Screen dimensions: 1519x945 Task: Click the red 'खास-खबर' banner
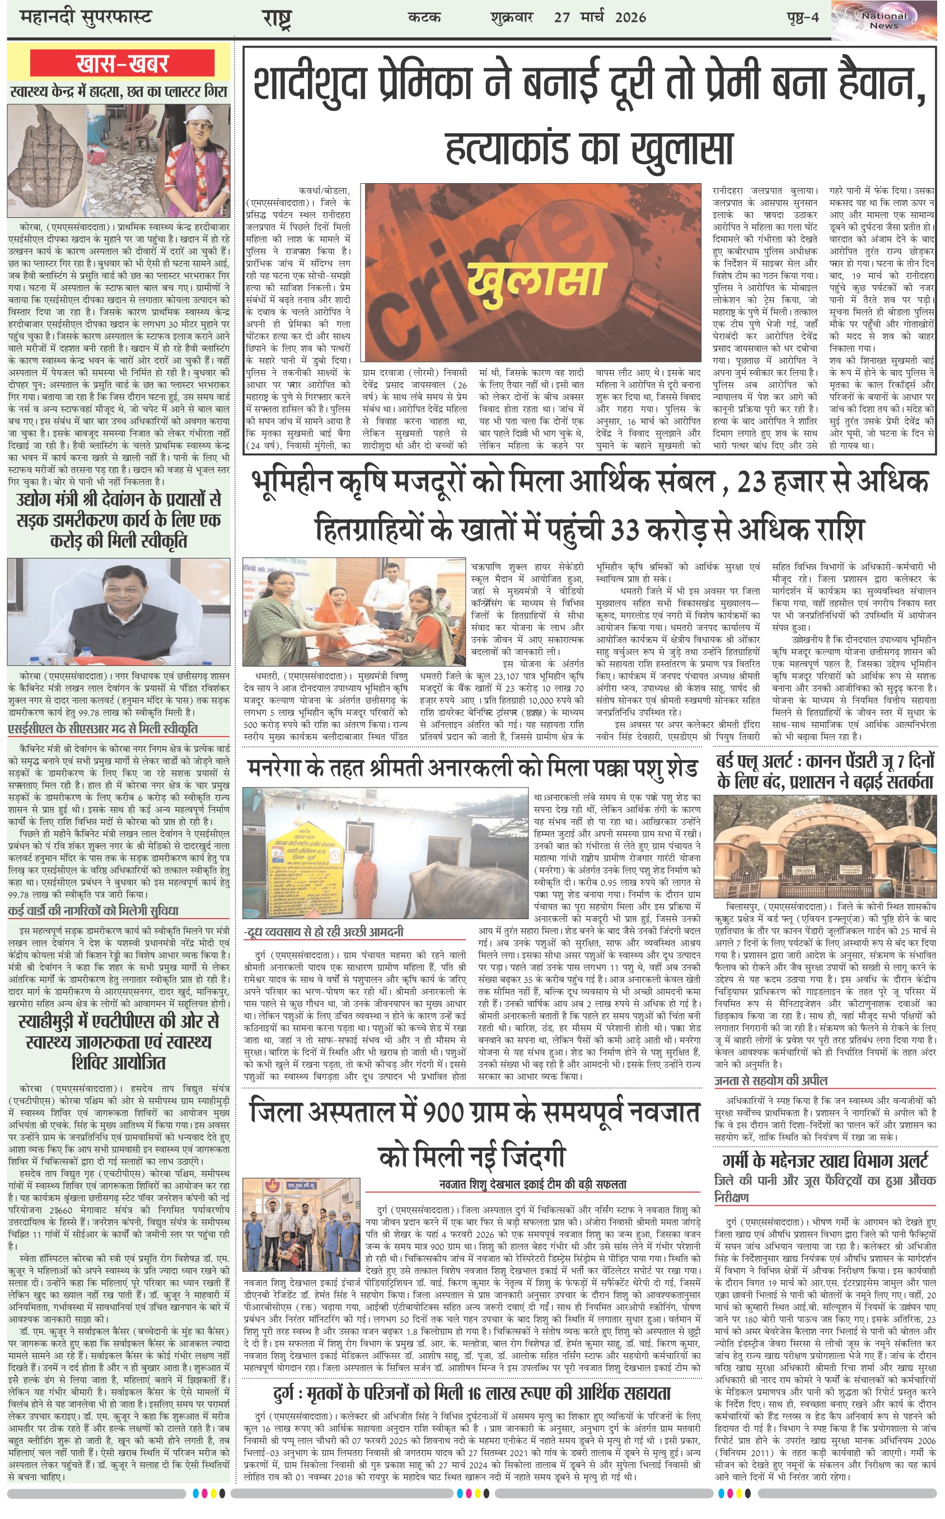[x=122, y=63]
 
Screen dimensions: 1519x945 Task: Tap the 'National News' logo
[x=884, y=21]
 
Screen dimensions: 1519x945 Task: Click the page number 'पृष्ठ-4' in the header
[x=802, y=17]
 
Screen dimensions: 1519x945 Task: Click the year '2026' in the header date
[x=630, y=17]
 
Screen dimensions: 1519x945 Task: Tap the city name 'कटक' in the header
[x=424, y=17]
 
